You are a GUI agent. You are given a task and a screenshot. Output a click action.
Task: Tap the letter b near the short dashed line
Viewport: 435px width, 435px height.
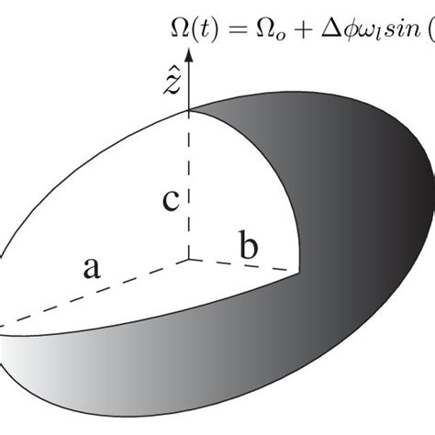click(249, 245)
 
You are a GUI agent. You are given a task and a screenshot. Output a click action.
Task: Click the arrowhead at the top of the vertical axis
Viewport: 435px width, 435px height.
click(189, 54)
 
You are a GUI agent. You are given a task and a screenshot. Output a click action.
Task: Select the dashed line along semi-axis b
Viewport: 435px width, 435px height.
click(243, 265)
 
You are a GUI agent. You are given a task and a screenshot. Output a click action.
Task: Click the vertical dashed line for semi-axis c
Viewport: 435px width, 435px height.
click(189, 184)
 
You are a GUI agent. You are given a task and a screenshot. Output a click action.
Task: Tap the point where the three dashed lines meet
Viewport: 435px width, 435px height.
click(189, 260)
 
